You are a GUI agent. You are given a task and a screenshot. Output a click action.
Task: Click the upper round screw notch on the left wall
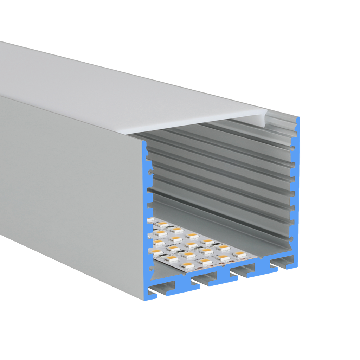pos(150,172)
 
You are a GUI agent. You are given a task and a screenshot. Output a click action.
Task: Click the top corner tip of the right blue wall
pos(298,117)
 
